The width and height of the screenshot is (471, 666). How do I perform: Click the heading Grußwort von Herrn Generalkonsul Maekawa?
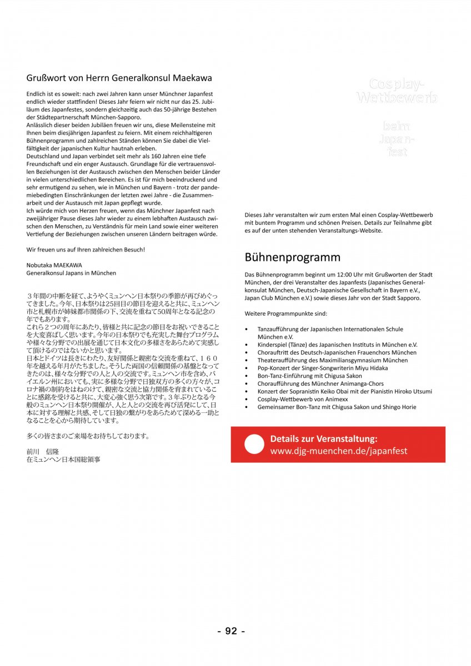[x=119, y=78]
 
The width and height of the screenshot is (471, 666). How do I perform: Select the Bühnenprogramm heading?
[x=293, y=258]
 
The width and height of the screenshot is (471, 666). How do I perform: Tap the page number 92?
[x=231, y=631]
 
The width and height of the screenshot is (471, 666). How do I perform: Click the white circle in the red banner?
[x=254, y=445]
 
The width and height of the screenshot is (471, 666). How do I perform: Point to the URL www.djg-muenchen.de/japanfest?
[x=339, y=451]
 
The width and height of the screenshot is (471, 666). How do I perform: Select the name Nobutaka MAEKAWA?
[x=54, y=265]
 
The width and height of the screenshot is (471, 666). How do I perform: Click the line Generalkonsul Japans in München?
[x=71, y=273]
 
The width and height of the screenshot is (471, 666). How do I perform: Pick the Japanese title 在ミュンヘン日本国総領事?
[x=63, y=460]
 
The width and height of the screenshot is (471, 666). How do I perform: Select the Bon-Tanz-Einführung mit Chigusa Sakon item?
[x=309, y=376]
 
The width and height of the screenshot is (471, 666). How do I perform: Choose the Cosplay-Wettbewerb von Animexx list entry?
[x=309, y=399]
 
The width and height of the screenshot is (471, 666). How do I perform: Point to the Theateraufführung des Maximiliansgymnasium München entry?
[x=332, y=360]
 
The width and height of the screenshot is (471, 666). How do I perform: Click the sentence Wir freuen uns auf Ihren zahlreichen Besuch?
[x=86, y=250]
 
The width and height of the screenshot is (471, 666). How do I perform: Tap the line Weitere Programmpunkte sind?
[x=287, y=314]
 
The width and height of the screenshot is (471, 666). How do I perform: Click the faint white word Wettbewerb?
[x=397, y=98]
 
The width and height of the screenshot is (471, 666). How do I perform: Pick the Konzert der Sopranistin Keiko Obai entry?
[x=344, y=391]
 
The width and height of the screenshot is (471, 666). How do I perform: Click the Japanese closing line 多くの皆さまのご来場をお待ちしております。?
[x=88, y=436]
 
